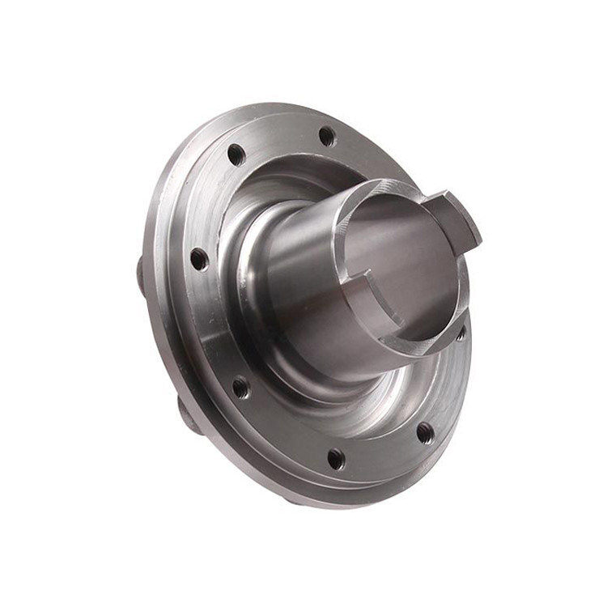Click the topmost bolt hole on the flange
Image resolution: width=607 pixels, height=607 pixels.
pyautogui.click(x=327, y=136)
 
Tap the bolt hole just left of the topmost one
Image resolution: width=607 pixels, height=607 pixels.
pyautogui.click(x=236, y=154)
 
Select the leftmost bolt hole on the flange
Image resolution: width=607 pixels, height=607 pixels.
pyautogui.click(x=198, y=259)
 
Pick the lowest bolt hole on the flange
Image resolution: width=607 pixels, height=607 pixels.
pyautogui.click(x=335, y=459)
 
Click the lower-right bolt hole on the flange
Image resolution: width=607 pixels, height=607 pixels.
pyautogui.click(x=425, y=433)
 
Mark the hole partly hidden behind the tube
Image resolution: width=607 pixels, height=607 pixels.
pyautogui.click(x=461, y=333)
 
